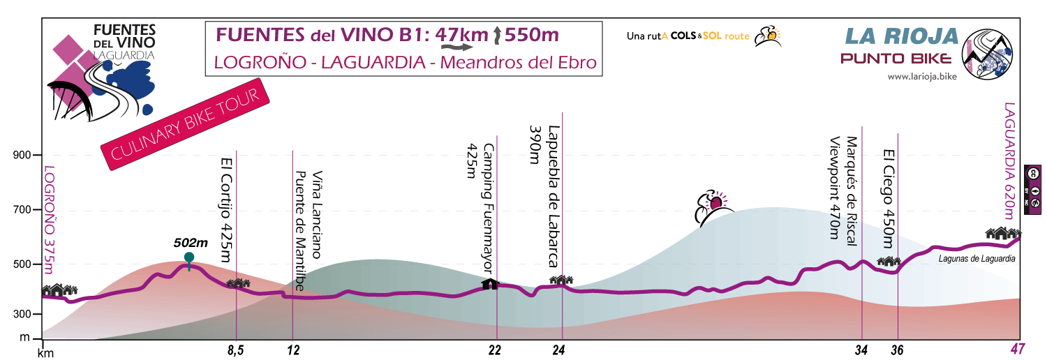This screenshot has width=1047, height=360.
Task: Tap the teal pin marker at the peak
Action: click(x=188, y=258)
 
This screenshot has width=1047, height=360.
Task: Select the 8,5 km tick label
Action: click(x=237, y=349)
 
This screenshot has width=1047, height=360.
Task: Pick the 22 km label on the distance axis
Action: click(x=496, y=349)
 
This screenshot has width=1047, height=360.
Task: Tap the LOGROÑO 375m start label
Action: click(x=49, y=216)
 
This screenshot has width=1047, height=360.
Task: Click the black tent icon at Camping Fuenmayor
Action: click(x=491, y=283)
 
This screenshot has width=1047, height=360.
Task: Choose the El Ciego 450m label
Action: click(x=888, y=198)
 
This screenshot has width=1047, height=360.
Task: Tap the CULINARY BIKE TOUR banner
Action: click(x=186, y=127)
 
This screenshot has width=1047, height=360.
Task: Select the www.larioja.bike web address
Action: click(x=921, y=77)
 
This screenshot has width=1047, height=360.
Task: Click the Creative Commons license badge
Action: click(x=1033, y=184)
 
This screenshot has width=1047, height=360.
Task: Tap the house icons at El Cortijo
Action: click(x=238, y=283)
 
